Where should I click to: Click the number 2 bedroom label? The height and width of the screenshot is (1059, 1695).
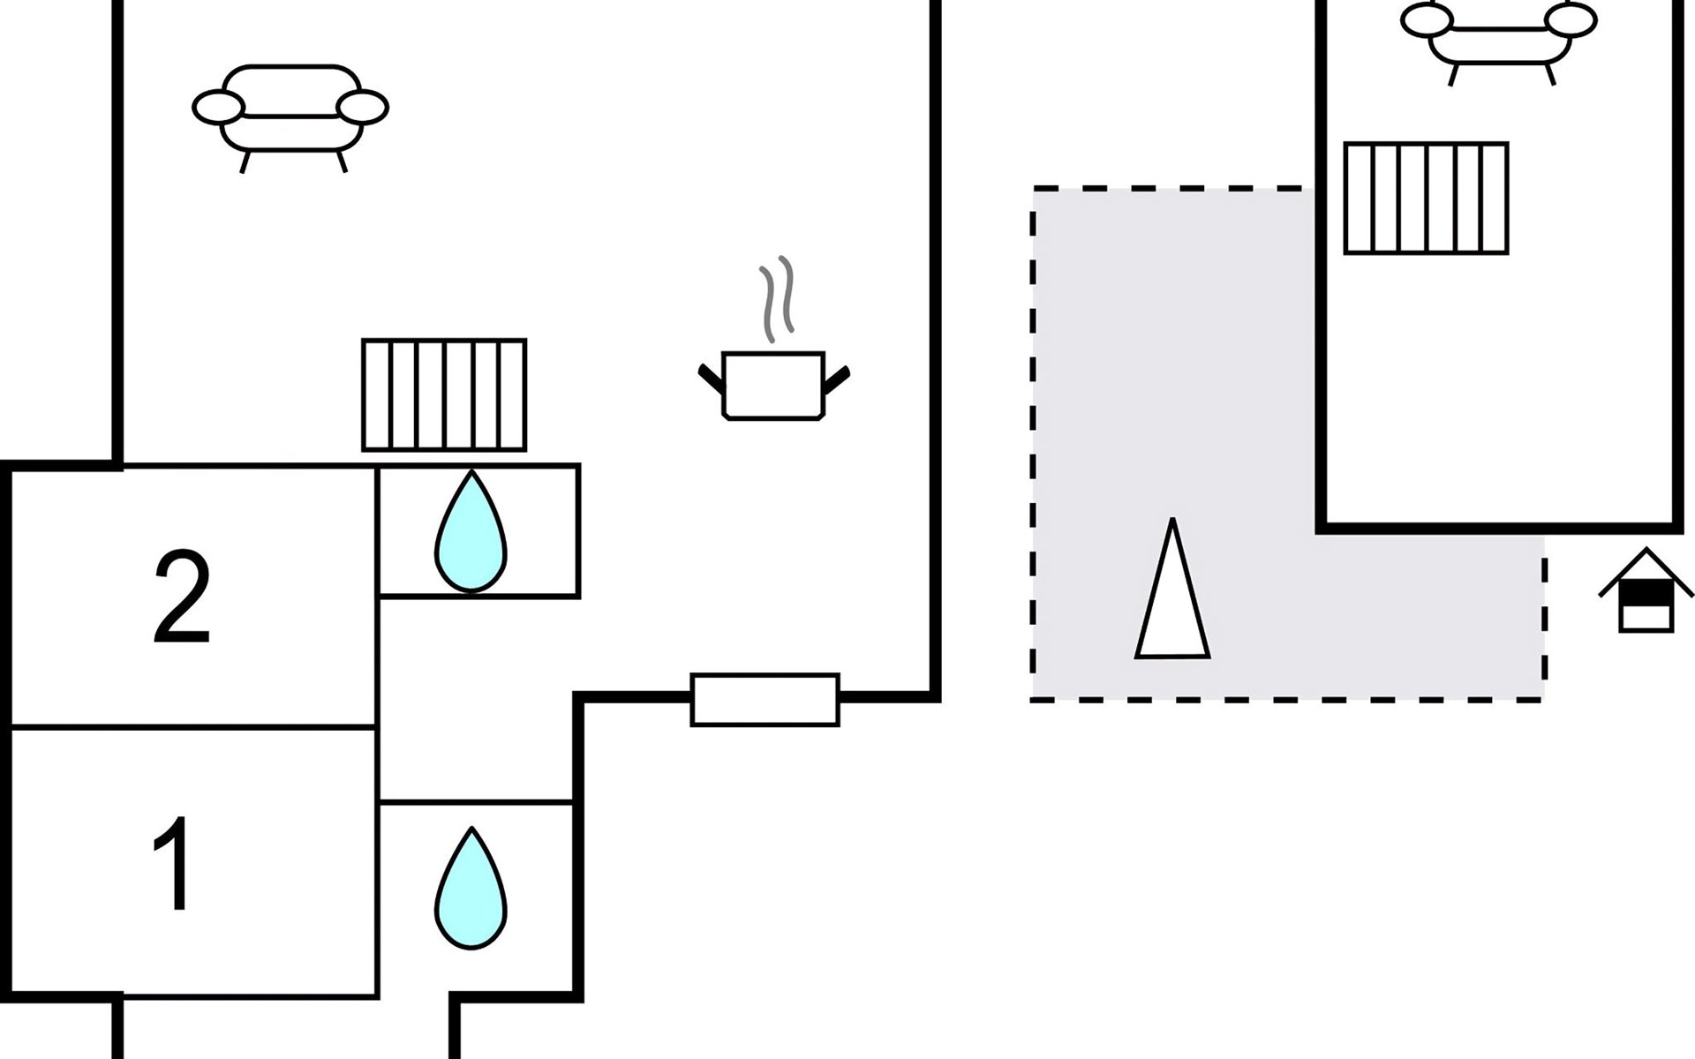182,597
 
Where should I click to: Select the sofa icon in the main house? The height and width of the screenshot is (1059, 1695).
290,109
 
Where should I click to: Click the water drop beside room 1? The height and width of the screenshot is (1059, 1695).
471,889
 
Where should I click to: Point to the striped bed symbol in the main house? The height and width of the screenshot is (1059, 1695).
444,394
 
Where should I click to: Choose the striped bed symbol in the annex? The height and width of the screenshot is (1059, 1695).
1426,199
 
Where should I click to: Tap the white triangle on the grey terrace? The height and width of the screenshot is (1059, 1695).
1172,600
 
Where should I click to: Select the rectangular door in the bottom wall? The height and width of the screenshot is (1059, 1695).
765,700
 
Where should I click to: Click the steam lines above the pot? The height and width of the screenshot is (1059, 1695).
777,298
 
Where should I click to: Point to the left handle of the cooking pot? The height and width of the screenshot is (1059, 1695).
710,378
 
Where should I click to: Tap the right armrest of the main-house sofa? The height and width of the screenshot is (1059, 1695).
363,108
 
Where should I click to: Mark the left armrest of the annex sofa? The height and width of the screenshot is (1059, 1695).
1427,20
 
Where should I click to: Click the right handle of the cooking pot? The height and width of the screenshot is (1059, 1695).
837,378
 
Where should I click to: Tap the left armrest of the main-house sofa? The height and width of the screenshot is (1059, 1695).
218,108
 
